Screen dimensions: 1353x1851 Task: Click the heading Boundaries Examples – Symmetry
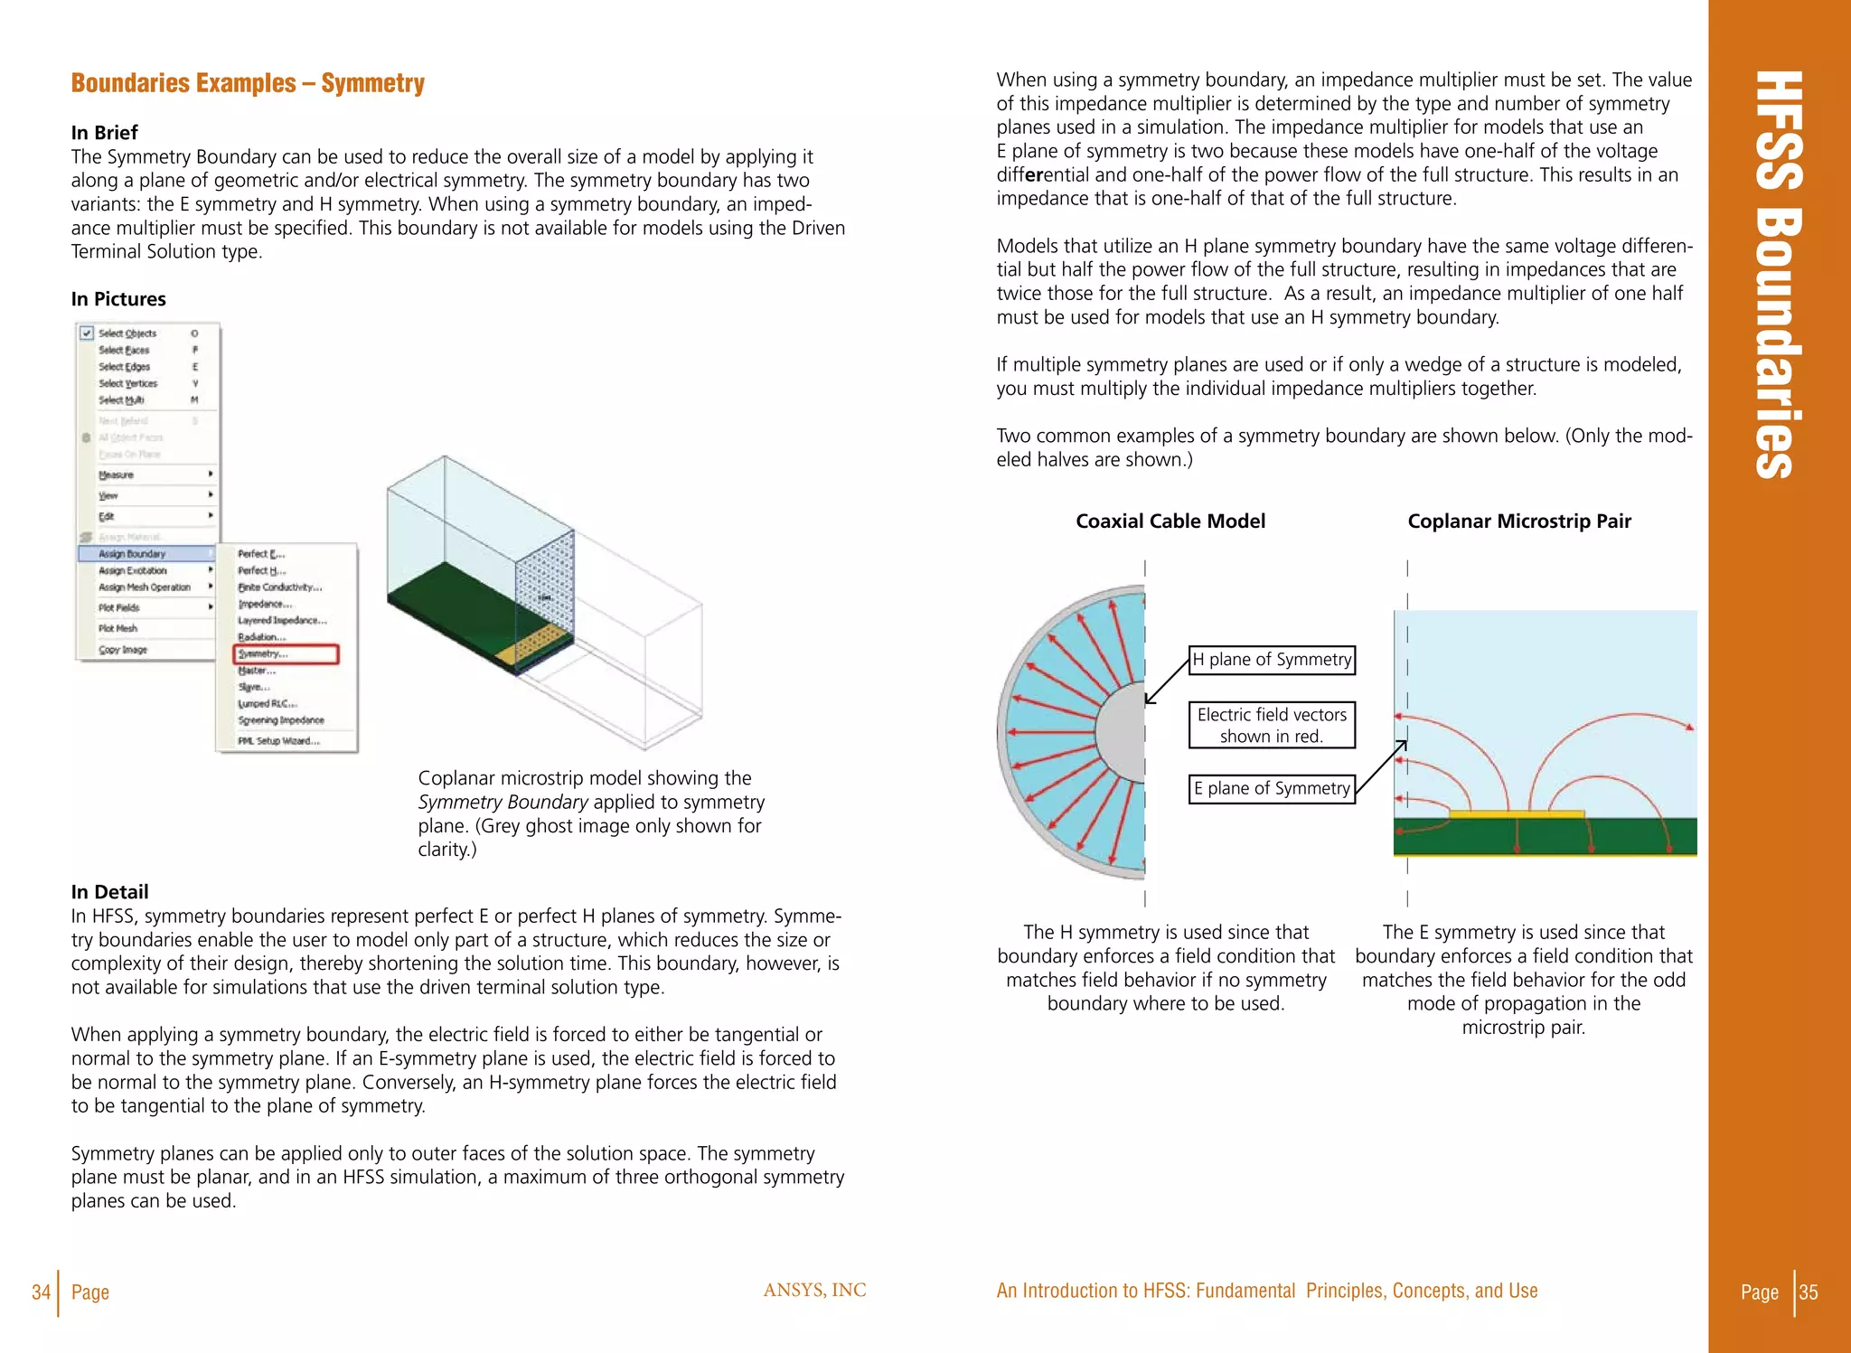tap(248, 83)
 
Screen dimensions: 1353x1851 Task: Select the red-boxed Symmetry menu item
tap(286, 653)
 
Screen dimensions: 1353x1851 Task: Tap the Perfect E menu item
tap(261, 553)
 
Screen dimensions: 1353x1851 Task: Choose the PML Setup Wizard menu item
tap(278, 740)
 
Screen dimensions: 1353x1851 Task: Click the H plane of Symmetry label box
tap(1271, 660)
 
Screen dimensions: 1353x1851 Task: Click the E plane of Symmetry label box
tap(1271, 788)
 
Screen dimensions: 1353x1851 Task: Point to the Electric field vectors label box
tap(1271, 725)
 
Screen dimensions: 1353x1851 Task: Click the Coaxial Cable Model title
tap(1170, 521)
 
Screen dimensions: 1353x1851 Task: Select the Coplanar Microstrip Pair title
tap(1518, 521)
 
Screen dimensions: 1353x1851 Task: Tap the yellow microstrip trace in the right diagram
tap(1516, 814)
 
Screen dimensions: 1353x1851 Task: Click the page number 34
tap(41, 1292)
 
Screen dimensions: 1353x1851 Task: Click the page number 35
tap(1809, 1292)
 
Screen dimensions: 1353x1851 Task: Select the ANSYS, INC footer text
tap(813, 1290)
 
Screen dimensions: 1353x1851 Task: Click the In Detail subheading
tap(109, 892)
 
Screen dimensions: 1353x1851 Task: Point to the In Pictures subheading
tap(118, 299)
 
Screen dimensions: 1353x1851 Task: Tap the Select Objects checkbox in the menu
tap(87, 333)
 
